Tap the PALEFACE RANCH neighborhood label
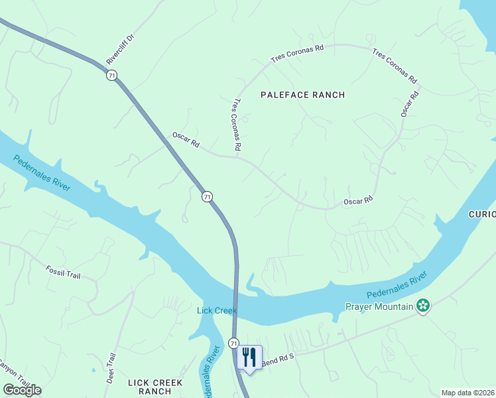point(302,95)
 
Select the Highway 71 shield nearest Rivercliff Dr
point(111,76)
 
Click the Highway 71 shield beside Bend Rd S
point(233,343)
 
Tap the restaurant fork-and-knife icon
point(249,358)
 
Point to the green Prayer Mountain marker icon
point(423,306)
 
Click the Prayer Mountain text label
point(379,306)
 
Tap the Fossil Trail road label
point(63,271)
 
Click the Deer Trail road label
point(111,369)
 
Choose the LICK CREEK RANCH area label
point(150,387)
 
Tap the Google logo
point(22,390)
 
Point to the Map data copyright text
point(468,393)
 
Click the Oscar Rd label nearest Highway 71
point(186,139)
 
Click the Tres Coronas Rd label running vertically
point(236,124)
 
